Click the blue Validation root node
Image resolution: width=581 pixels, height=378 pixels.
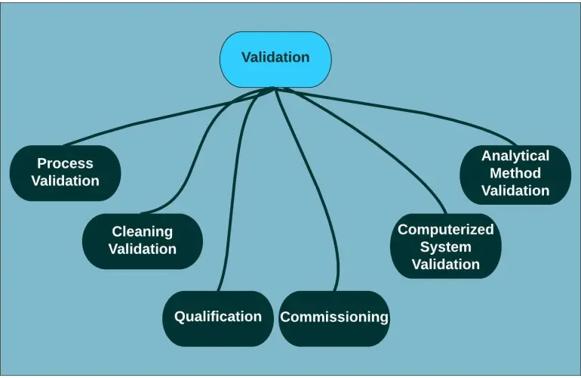[x=275, y=58]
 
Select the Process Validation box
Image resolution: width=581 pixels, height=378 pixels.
[x=65, y=172]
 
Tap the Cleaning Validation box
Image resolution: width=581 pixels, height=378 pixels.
[x=142, y=241]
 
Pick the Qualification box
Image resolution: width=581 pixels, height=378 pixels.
[x=217, y=318]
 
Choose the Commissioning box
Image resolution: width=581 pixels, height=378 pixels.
[x=334, y=318]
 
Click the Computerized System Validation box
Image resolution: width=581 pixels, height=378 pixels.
[x=445, y=246]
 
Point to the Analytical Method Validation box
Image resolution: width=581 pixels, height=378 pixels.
[x=515, y=174]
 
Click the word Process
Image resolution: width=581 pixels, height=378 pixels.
[x=65, y=163]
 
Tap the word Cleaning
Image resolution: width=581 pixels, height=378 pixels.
[x=142, y=231]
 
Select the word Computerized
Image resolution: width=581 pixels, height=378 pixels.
[x=445, y=229]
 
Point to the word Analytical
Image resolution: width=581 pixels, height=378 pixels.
[x=515, y=156]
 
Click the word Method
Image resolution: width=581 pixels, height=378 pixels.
[x=515, y=173]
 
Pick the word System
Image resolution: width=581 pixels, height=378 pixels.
[x=445, y=246]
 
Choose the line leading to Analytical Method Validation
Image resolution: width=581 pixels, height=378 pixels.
[x=423, y=113]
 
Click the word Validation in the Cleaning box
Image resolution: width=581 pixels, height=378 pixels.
[x=142, y=249]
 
